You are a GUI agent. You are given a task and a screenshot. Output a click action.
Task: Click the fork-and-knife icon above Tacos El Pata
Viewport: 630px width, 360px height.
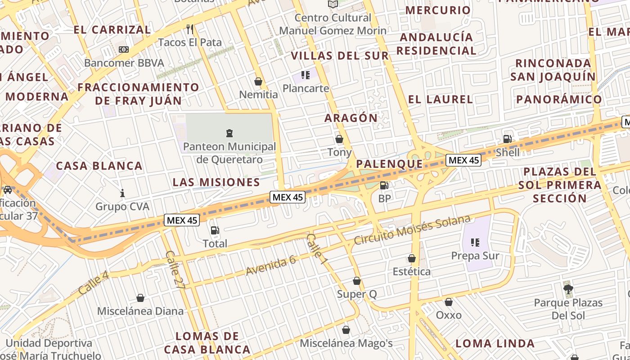click(x=190, y=29)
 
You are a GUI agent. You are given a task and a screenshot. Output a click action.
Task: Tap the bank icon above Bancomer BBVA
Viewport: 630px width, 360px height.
click(x=123, y=49)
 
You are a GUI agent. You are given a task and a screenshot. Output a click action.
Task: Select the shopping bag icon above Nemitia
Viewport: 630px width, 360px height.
click(x=258, y=81)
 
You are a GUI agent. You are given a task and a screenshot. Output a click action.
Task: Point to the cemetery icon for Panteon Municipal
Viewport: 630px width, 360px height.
click(x=229, y=133)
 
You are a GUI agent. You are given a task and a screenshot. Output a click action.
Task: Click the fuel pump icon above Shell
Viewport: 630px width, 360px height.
click(x=507, y=139)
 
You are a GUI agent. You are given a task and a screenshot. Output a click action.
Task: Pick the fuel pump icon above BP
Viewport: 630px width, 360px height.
click(x=384, y=185)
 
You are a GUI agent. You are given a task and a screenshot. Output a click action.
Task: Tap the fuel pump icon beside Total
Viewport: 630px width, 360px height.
click(x=215, y=230)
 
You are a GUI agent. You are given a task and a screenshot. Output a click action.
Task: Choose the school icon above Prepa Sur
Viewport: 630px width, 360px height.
click(x=475, y=243)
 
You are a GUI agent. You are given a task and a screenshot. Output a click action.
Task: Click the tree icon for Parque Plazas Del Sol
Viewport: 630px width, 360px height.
click(x=568, y=288)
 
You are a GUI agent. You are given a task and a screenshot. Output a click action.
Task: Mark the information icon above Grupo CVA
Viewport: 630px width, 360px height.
click(x=122, y=193)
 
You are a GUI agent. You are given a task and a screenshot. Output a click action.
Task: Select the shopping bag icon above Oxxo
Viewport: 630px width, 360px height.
click(x=449, y=302)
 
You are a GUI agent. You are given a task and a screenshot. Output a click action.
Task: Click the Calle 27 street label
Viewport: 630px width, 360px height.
click(x=175, y=270)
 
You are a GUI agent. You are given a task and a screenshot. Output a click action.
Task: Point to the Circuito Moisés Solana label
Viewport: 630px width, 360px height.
click(x=412, y=230)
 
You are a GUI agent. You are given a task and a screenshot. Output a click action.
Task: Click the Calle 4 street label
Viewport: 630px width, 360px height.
click(x=94, y=283)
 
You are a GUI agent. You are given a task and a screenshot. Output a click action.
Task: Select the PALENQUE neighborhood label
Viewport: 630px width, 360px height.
click(x=390, y=164)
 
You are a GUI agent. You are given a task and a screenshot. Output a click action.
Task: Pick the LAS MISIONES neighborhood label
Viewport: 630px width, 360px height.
click(x=216, y=182)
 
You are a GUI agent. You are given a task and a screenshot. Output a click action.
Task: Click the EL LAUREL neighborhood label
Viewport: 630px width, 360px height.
click(x=441, y=99)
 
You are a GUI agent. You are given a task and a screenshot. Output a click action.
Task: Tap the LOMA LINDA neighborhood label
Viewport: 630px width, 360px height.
click(x=495, y=343)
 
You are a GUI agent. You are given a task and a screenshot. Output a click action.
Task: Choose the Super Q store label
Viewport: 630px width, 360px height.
click(x=357, y=294)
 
